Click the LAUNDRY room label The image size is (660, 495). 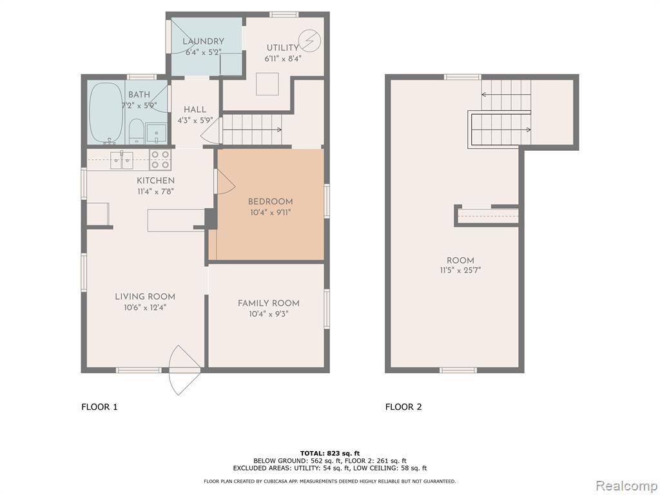coord(203,41)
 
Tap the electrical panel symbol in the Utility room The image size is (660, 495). coord(310,41)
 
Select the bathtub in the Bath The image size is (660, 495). coord(106,112)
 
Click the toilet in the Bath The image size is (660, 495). coord(137,131)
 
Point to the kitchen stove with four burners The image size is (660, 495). coord(160,160)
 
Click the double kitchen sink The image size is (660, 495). coord(122,160)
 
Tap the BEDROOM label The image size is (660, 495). coord(270,202)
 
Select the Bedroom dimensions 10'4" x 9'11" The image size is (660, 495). coord(270,213)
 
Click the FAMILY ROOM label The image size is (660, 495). coord(269,303)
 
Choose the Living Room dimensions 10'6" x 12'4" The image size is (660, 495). coord(145,307)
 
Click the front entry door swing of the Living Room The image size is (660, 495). coord(184,370)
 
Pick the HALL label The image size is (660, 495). coord(195,110)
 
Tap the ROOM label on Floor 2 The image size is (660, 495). coord(460,260)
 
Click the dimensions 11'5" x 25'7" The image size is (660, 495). coord(460,270)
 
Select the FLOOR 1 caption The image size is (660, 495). coord(99,407)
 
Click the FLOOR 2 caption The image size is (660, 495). coord(403,407)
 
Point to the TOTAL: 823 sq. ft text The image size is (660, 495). coord(330,453)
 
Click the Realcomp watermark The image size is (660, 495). coord(626,486)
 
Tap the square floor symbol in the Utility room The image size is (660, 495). coord(267,84)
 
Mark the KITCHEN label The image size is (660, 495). coord(156,180)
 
